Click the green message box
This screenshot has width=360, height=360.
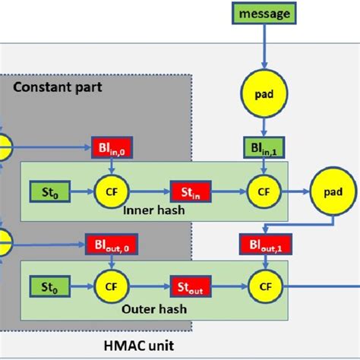264,13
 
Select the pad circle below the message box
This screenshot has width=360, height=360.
264,94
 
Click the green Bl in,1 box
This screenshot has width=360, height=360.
264,147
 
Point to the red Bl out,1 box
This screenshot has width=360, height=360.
264,245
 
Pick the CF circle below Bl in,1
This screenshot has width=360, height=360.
264,188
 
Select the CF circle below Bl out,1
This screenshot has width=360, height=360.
264,286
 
